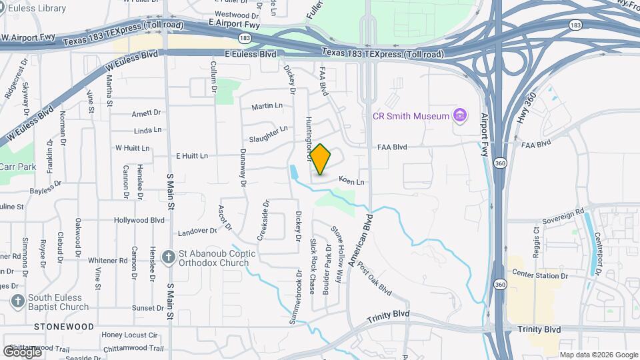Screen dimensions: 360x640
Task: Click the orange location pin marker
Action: [x=321, y=159]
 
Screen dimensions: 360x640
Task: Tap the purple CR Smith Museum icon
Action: [x=459, y=116]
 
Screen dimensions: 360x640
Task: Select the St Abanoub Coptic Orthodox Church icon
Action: [x=170, y=255]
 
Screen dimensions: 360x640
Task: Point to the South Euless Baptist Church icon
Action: [x=17, y=301]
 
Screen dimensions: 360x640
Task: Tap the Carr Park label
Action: [x=17, y=167]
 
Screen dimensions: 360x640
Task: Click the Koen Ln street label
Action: [x=351, y=181]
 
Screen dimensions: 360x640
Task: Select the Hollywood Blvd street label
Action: [x=139, y=220]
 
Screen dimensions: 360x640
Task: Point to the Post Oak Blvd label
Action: [x=373, y=279]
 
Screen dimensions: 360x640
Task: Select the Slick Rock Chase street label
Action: [x=312, y=267]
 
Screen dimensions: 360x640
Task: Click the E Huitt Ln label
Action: [x=191, y=156]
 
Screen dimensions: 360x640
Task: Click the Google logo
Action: [x=23, y=351]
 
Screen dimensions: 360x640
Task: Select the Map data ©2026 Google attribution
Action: [x=598, y=355]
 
